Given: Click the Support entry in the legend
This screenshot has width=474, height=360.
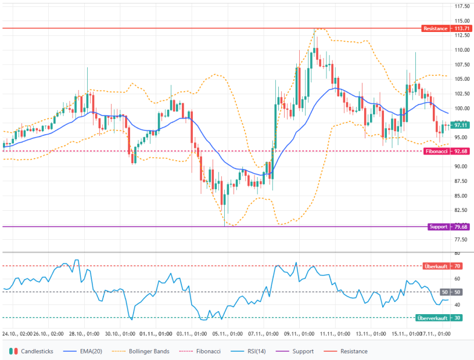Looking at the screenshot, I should click(302, 351).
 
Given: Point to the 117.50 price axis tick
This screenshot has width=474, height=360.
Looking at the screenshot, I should click(462, 6).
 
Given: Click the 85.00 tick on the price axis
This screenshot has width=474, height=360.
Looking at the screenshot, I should click(462, 196).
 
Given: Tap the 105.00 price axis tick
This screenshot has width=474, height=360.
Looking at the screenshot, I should click(462, 79).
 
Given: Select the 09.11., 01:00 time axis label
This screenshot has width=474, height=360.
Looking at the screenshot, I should click(299, 334).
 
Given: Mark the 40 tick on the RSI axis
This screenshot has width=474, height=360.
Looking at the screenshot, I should click(458, 305).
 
